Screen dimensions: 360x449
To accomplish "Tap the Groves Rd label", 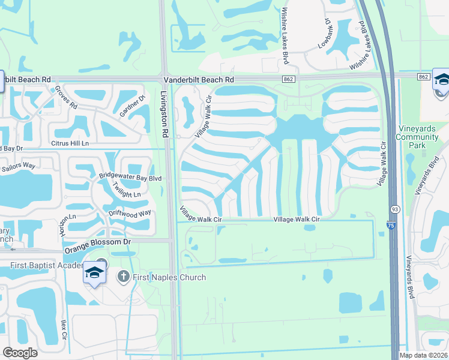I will (x=66, y=97).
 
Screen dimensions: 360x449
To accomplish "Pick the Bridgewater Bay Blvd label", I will (x=131, y=178).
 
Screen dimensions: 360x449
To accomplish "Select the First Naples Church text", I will (x=169, y=277).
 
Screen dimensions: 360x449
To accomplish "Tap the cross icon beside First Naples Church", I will (x=123, y=277).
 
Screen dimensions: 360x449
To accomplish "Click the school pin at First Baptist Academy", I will (x=94, y=273).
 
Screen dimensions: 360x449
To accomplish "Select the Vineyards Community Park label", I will (x=417, y=137).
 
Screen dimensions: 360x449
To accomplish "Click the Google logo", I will (x=20, y=352).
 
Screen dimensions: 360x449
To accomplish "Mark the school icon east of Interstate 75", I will (x=442, y=80).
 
